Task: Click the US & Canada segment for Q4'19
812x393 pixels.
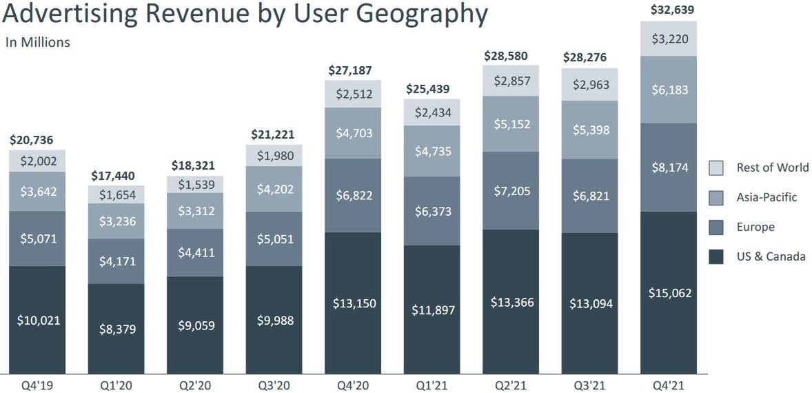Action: pos(37,320)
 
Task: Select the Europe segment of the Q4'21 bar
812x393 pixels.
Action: pos(669,168)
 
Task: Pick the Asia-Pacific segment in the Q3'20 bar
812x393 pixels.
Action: pos(274,190)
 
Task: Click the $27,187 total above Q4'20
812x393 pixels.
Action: pos(352,71)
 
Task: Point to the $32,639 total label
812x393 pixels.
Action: pos(669,10)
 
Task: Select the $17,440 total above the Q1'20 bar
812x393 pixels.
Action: pos(116,176)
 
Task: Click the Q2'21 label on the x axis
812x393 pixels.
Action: pos(511,384)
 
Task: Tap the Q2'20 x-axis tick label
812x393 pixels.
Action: pos(195,384)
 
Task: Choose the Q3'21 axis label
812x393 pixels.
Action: pos(589,384)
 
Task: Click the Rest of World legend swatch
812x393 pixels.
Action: pos(716,168)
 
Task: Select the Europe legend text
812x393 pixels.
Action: pos(755,227)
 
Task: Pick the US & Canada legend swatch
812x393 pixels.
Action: pos(716,256)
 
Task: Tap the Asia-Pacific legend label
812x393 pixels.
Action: pos(767,197)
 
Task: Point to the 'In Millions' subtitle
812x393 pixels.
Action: pos(38,43)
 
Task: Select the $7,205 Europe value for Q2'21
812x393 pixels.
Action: pos(511,190)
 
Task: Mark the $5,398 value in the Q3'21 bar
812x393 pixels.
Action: pos(589,130)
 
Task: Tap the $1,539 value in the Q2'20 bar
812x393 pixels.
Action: pos(195,184)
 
